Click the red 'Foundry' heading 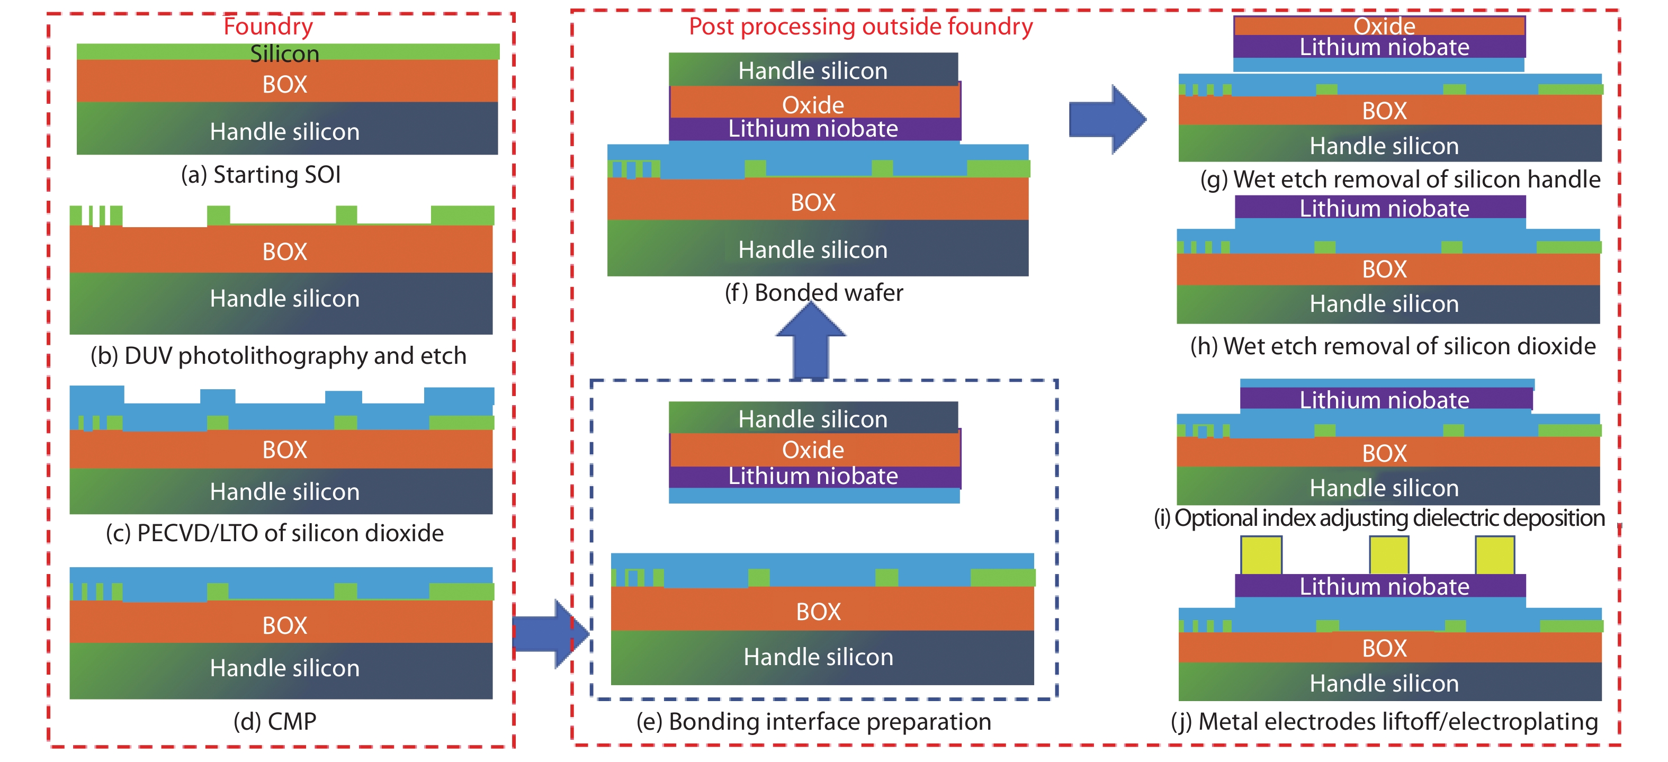[x=268, y=26]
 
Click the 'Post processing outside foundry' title [x=860, y=26]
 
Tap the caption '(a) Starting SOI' [x=261, y=175]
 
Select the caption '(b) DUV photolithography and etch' [x=279, y=355]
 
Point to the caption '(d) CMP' [x=274, y=721]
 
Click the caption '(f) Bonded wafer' [x=813, y=293]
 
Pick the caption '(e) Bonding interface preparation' [x=813, y=721]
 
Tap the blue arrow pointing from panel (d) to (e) [x=550, y=633]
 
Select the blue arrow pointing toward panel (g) [x=1107, y=119]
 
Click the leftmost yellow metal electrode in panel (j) [x=1261, y=555]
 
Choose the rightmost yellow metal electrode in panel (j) [x=1494, y=555]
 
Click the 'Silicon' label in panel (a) [x=284, y=53]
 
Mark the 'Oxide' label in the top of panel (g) [x=1384, y=26]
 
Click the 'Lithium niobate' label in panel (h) [x=1384, y=209]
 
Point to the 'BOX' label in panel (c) [x=284, y=449]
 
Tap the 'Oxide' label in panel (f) [x=813, y=105]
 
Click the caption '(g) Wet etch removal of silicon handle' [x=1400, y=180]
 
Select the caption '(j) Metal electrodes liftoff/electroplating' [x=1384, y=721]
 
